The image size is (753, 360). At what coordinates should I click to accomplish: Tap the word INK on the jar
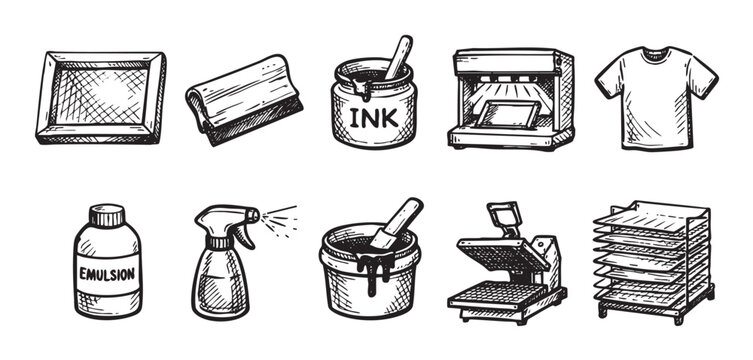[x=372, y=118]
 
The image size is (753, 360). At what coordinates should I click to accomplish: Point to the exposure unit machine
[x=512, y=98]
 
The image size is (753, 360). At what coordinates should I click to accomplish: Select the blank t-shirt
[x=656, y=100]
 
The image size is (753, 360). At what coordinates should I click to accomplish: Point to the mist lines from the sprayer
[x=281, y=218]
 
